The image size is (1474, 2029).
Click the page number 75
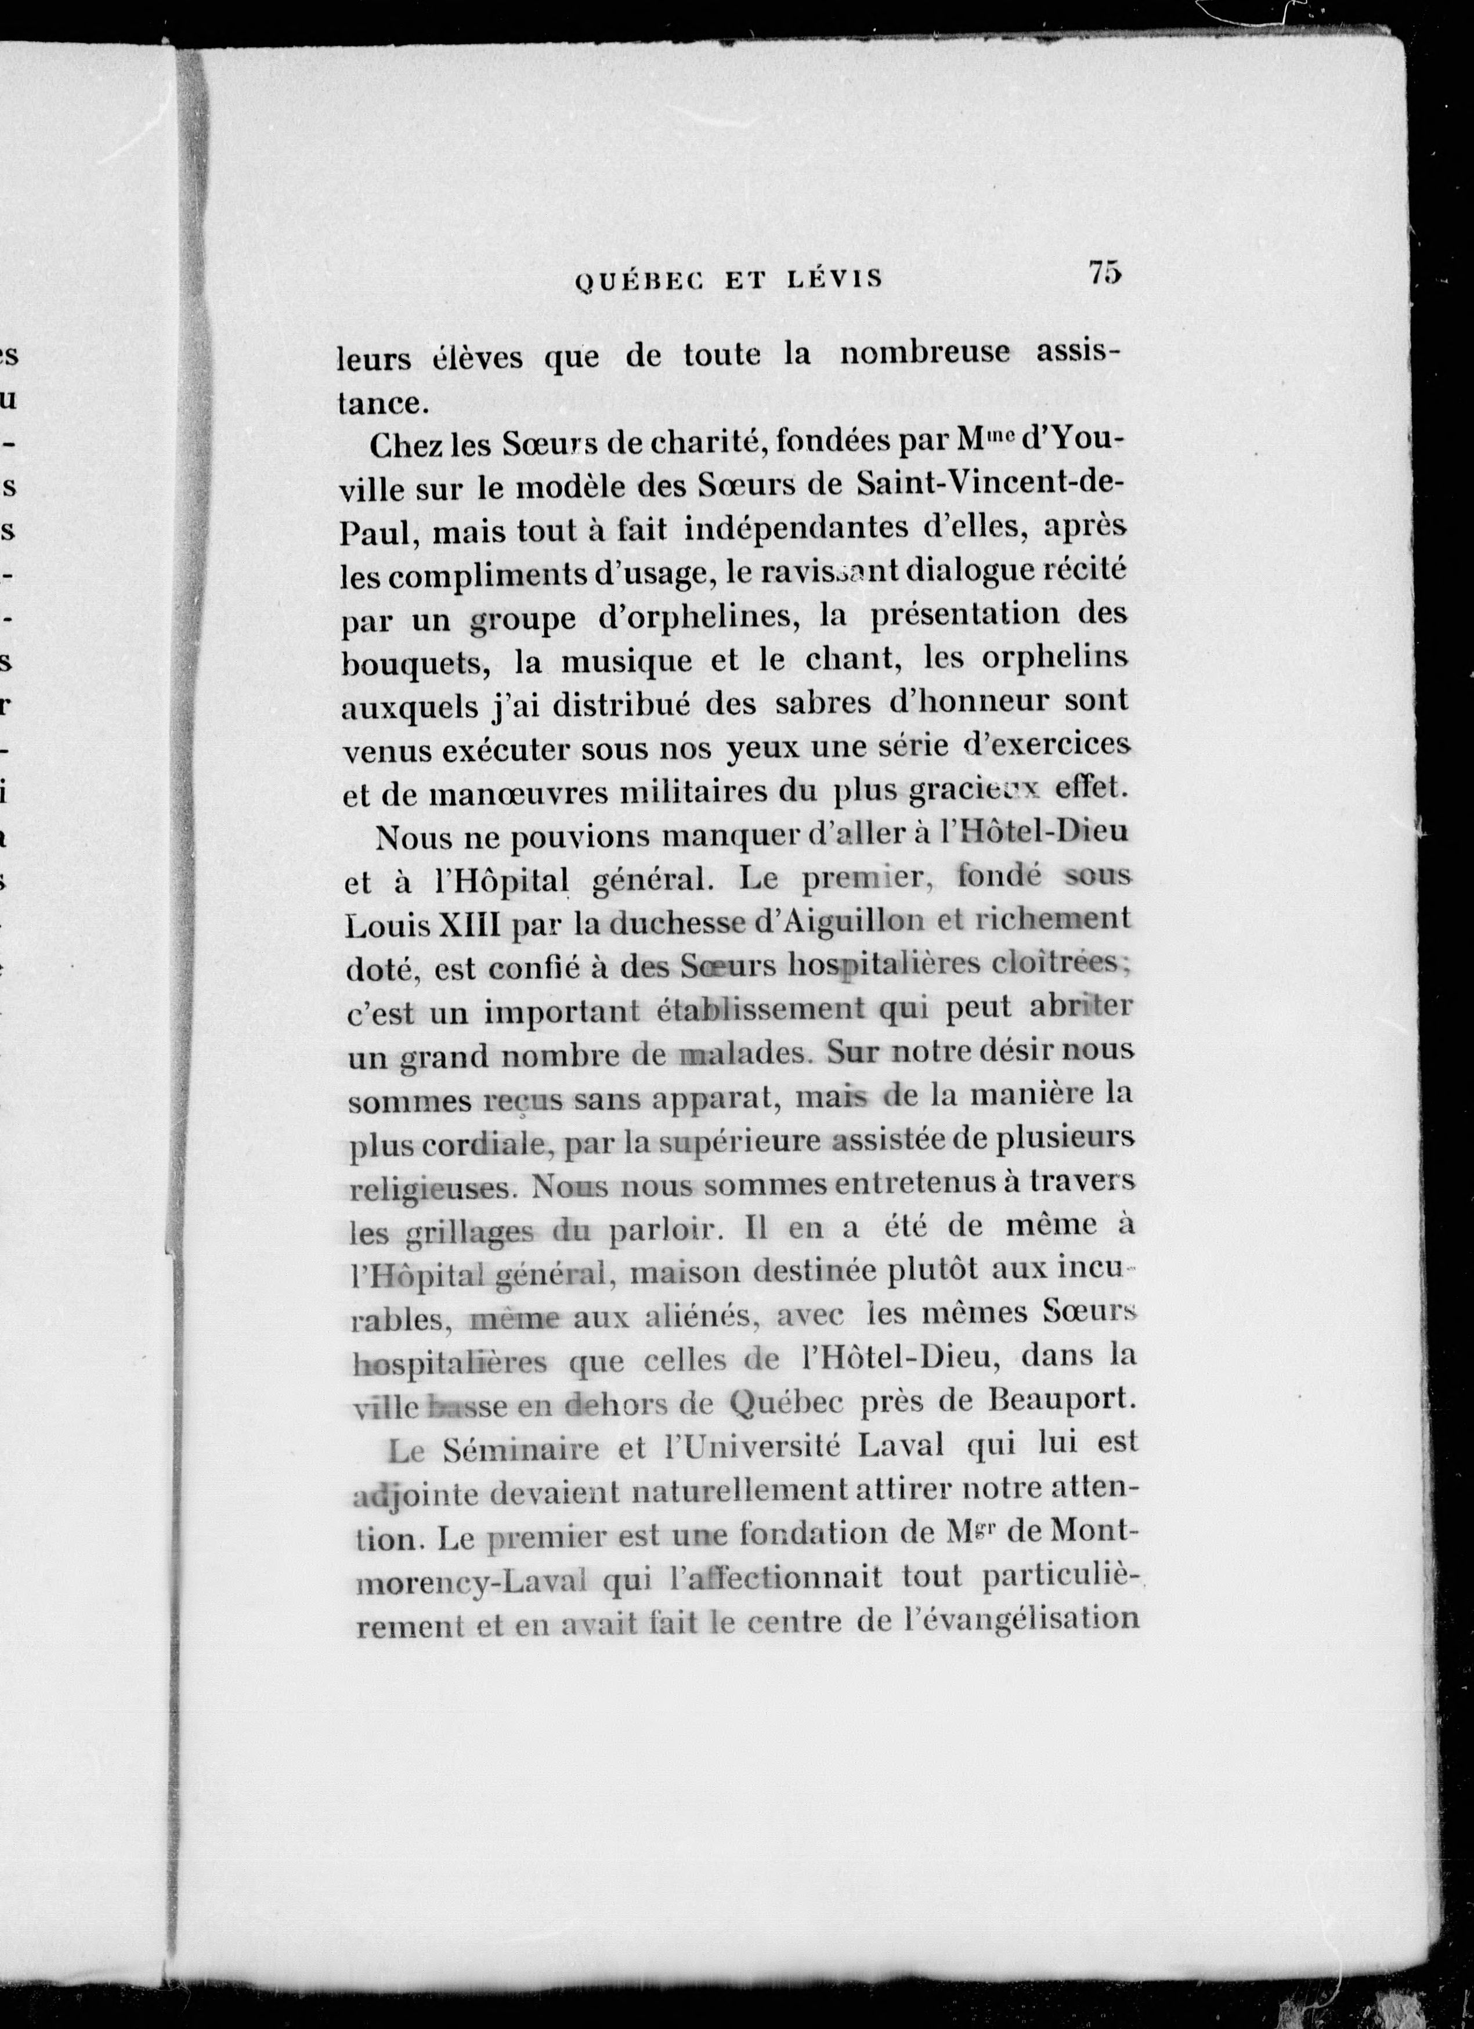click(1105, 272)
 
